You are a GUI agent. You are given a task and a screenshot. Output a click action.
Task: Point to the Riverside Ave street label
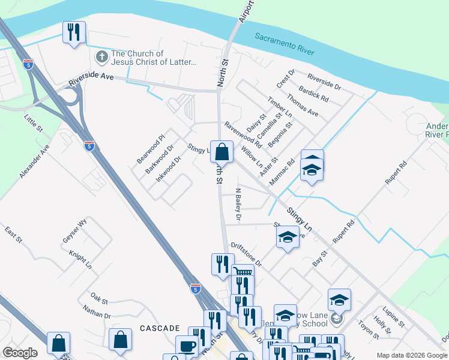91,79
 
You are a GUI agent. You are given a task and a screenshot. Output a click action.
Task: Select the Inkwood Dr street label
168,169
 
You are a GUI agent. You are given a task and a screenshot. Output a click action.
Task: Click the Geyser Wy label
75,230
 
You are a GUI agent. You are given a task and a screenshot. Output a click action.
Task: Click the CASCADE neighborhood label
160,328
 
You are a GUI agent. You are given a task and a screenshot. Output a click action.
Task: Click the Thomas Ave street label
302,103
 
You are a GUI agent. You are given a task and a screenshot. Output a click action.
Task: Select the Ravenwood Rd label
243,135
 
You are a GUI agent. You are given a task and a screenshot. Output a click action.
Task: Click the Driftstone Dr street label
246,254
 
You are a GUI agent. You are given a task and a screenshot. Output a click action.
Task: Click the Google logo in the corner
20,353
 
